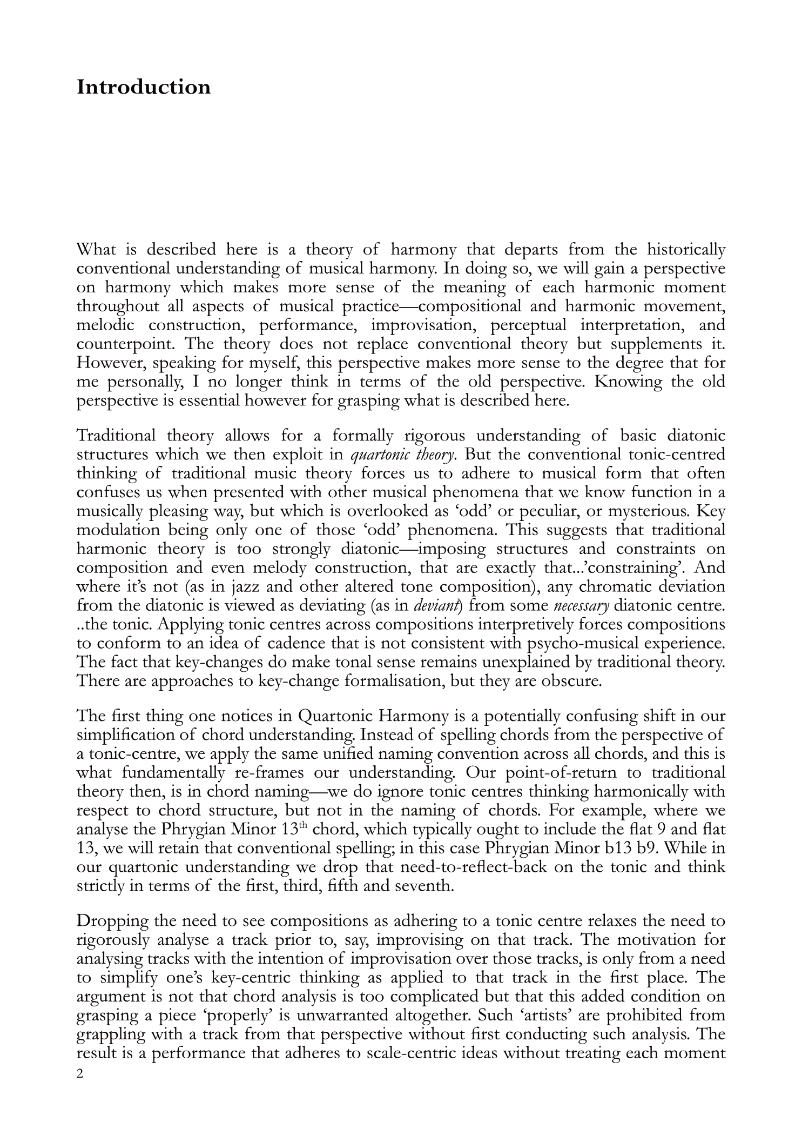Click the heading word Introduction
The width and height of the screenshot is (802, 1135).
point(143,87)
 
